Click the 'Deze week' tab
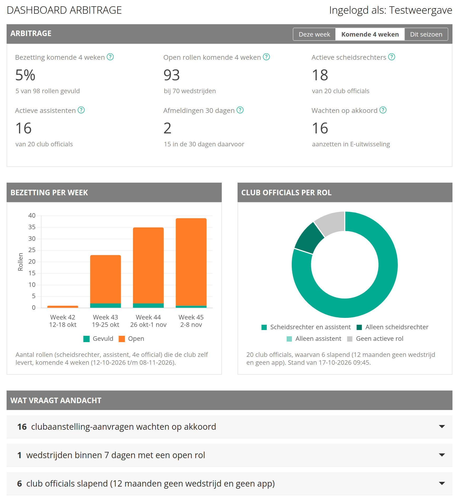(314, 34)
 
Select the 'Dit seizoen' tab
(426, 34)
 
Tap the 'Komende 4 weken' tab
(370, 34)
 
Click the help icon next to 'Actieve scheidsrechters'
(392, 57)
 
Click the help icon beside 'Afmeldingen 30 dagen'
(240, 110)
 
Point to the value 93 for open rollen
(172, 75)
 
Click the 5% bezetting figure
(25, 75)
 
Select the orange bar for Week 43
(105, 279)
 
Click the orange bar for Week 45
(191, 262)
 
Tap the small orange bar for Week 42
(63, 307)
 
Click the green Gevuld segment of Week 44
(148, 306)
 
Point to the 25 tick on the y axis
(32, 250)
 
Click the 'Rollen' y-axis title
(21, 262)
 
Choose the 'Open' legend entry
(131, 339)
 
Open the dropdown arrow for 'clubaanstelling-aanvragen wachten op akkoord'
(442, 426)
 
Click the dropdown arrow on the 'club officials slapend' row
(442, 483)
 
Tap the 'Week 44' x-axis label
(148, 317)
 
